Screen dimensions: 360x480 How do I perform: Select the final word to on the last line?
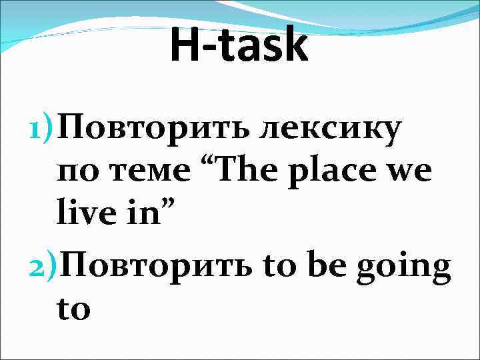74,310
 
